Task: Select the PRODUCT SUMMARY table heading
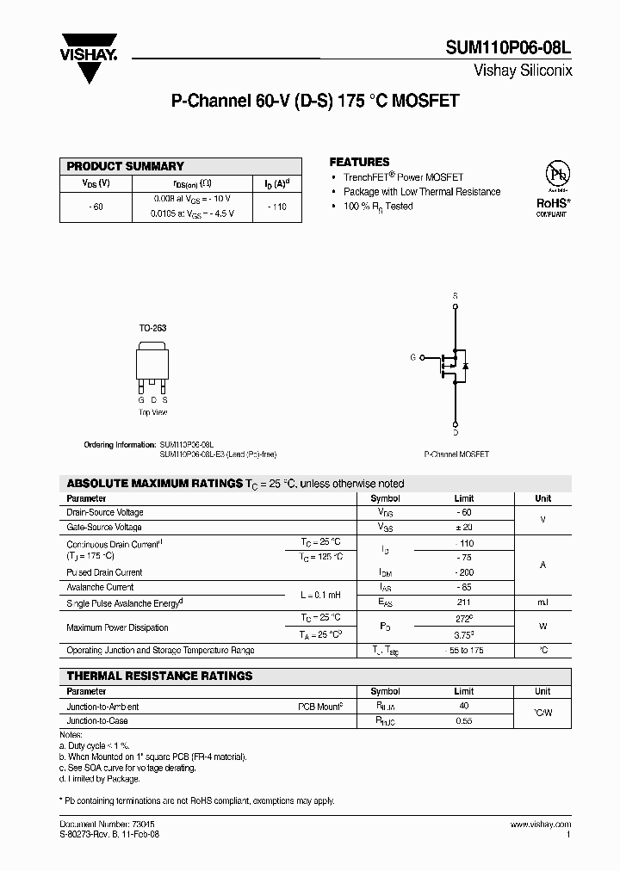click(125, 166)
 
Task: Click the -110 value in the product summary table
click(276, 207)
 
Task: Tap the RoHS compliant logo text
click(553, 204)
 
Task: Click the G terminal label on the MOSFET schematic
click(412, 356)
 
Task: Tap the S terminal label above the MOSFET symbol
click(455, 295)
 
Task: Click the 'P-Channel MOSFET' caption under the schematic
click(456, 454)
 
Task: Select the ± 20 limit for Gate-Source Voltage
click(463, 527)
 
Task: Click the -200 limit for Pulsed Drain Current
click(463, 572)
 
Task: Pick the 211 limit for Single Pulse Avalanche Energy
click(463, 602)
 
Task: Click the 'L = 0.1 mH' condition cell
click(320, 595)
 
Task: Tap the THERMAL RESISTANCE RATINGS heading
click(159, 676)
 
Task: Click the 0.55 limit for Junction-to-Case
click(463, 721)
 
